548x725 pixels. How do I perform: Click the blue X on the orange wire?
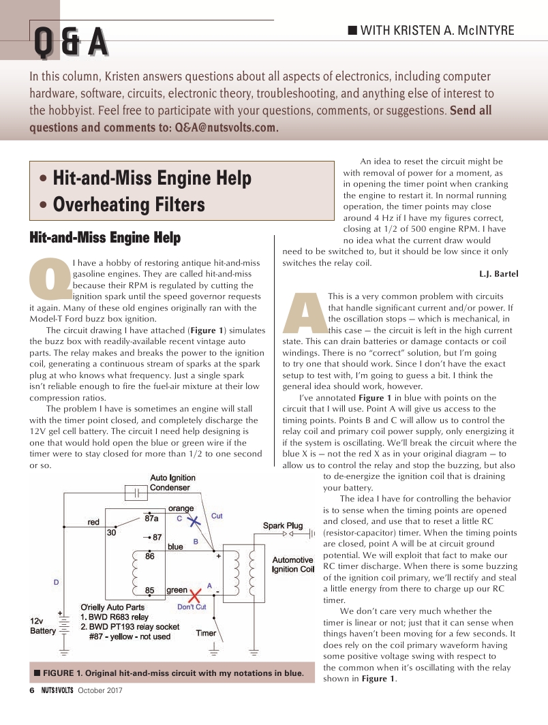[194, 521]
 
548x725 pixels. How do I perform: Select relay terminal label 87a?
[152, 518]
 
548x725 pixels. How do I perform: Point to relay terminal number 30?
[111, 533]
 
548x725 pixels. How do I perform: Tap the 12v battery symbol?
[64, 624]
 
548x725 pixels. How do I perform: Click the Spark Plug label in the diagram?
[283, 525]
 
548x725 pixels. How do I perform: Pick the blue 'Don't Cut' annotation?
[192, 607]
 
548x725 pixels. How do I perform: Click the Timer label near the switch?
[206, 633]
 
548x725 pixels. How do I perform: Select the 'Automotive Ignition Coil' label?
[293, 564]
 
